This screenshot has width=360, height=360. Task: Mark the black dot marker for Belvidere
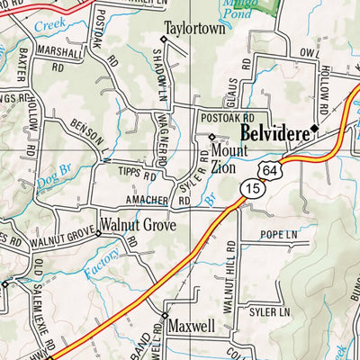pyautogui.click(x=314, y=128)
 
